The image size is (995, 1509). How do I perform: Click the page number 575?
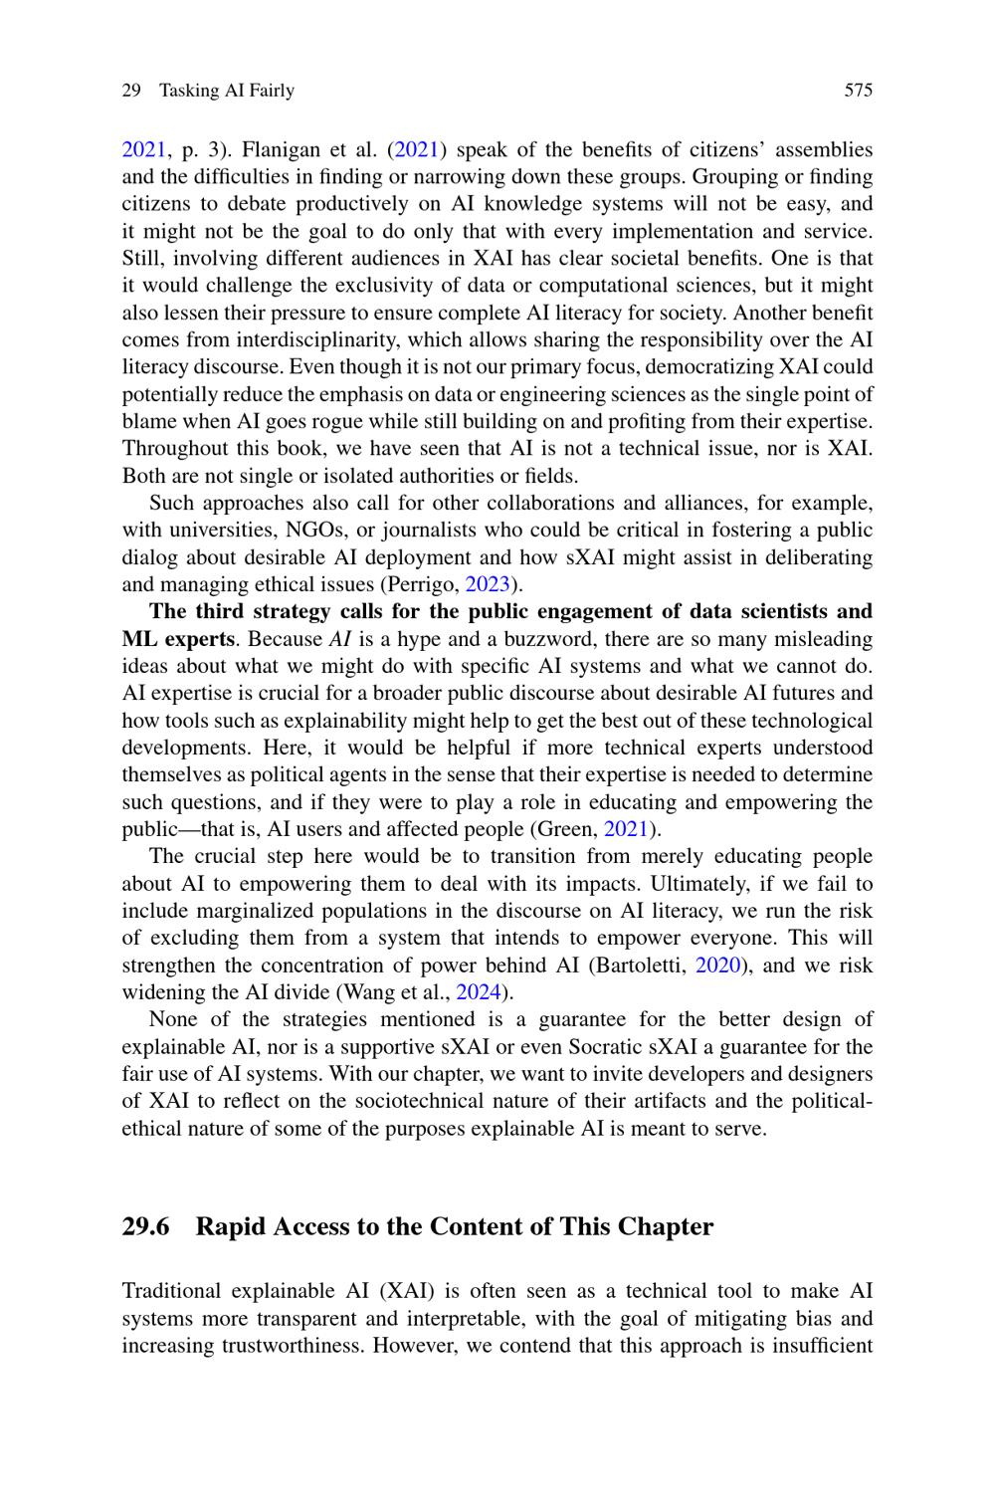pos(858,91)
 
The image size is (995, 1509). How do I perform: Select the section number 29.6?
pos(145,1226)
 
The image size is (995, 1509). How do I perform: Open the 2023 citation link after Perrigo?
pos(487,584)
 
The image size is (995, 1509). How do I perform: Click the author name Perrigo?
pos(427,584)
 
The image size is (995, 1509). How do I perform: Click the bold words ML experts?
pos(178,639)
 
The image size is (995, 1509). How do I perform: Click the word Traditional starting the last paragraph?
pos(171,1292)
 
